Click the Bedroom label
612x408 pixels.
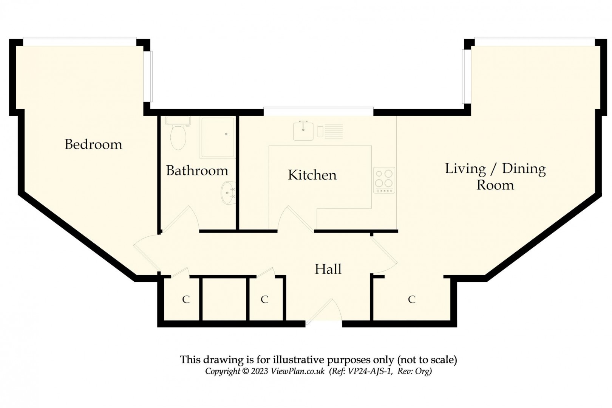click(93, 144)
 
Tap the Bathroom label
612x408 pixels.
click(197, 171)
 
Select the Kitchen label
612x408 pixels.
click(312, 175)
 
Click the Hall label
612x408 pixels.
click(328, 269)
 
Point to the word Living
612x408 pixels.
click(465, 169)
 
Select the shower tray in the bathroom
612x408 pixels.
click(217, 137)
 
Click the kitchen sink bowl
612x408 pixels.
click(303, 131)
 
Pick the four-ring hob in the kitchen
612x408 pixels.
click(384, 180)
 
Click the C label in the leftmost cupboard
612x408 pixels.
click(185, 299)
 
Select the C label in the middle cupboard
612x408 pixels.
click(264, 299)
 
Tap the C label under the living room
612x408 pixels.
click(411, 299)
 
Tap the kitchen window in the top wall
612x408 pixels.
click(318, 112)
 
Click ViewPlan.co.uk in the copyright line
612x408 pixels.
click(298, 371)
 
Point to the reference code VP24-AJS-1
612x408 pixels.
click(366, 371)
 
